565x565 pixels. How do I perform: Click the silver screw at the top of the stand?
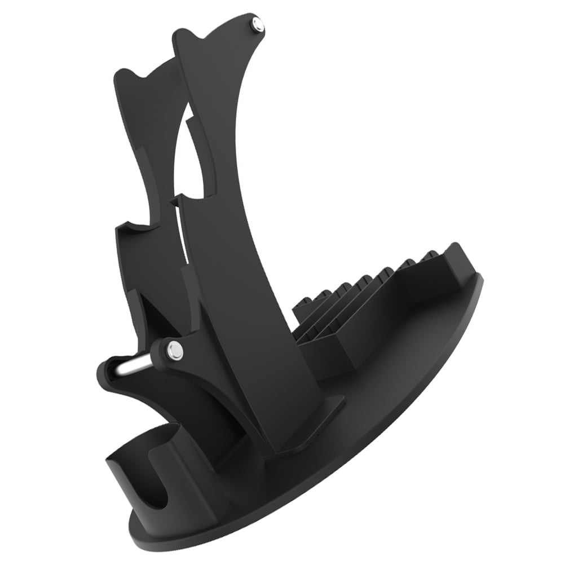click(x=258, y=24)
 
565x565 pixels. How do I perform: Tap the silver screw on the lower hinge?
click(x=175, y=351)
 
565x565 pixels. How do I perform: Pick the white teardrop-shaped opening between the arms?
click(x=189, y=164)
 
